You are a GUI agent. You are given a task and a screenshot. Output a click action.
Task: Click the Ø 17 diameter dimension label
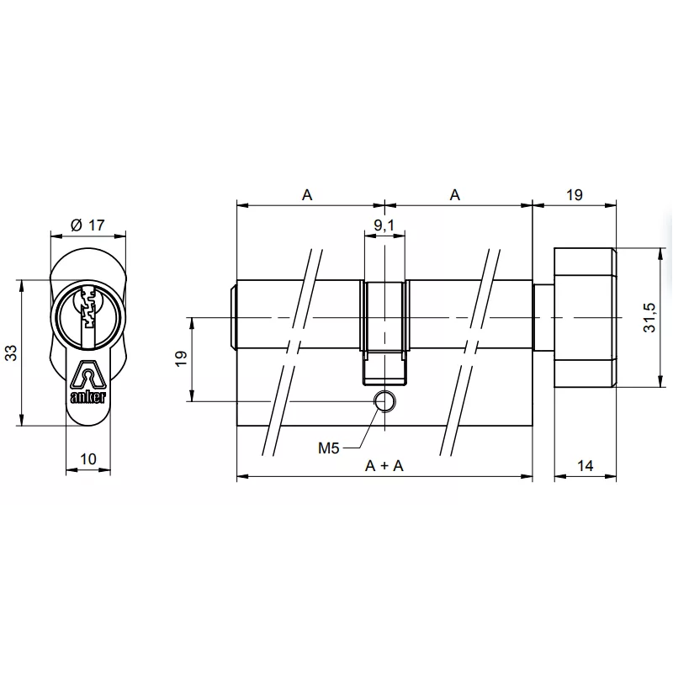87,225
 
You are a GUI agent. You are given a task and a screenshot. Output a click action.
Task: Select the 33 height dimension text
13,352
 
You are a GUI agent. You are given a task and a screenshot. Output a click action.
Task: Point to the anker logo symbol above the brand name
87,374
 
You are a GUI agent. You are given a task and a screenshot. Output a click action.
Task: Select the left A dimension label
308,194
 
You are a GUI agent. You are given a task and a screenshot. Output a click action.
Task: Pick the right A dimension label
455,194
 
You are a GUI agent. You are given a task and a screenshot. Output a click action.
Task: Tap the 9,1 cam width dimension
384,225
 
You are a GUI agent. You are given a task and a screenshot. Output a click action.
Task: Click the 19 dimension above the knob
574,194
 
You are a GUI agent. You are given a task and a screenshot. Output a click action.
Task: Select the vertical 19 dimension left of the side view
180,359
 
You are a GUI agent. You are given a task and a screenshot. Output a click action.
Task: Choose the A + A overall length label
384,465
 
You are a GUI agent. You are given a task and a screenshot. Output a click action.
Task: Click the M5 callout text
328,448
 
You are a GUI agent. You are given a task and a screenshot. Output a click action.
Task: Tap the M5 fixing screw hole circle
384,401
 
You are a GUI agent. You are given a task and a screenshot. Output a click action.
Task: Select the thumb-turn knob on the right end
585,317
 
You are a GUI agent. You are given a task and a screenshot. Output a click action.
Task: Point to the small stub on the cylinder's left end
232,317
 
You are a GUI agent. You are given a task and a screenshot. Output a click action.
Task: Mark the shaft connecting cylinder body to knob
543,317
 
